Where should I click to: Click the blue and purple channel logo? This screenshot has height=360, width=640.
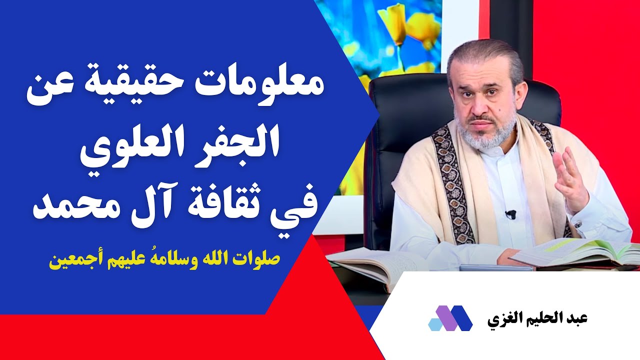tap(450, 318)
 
